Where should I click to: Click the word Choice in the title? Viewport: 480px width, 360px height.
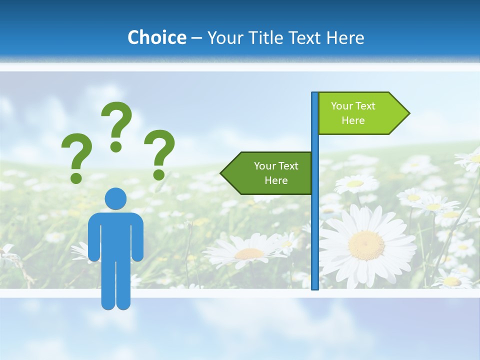tap(156, 37)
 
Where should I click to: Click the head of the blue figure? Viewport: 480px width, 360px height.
tap(115, 198)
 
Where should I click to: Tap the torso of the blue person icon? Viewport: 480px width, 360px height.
tap(115, 235)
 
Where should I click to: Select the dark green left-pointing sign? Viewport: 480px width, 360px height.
tap(270, 173)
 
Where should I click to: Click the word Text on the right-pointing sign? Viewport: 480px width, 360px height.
tap(365, 106)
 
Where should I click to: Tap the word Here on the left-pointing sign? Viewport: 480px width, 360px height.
tap(276, 180)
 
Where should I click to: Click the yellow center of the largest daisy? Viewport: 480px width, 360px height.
tap(366, 245)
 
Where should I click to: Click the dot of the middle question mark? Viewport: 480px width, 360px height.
tap(116, 146)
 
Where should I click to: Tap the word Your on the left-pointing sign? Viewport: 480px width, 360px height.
tap(264, 166)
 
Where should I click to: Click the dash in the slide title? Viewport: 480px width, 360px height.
tap(196, 38)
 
